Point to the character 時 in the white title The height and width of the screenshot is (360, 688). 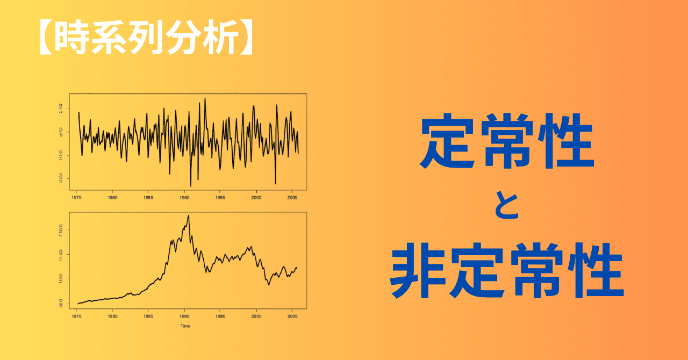[73, 39]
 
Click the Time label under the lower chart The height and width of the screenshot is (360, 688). [185, 326]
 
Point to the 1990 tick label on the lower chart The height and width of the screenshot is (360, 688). [184, 316]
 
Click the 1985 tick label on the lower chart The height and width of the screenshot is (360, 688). [148, 316]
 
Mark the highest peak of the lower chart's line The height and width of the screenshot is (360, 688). [188, 216]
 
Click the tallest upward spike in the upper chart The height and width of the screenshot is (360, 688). [205, 98]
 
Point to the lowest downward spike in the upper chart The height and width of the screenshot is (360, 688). [191, 186]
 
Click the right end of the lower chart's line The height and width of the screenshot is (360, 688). [297, 269]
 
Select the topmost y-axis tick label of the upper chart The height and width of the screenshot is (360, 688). [61, 109]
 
